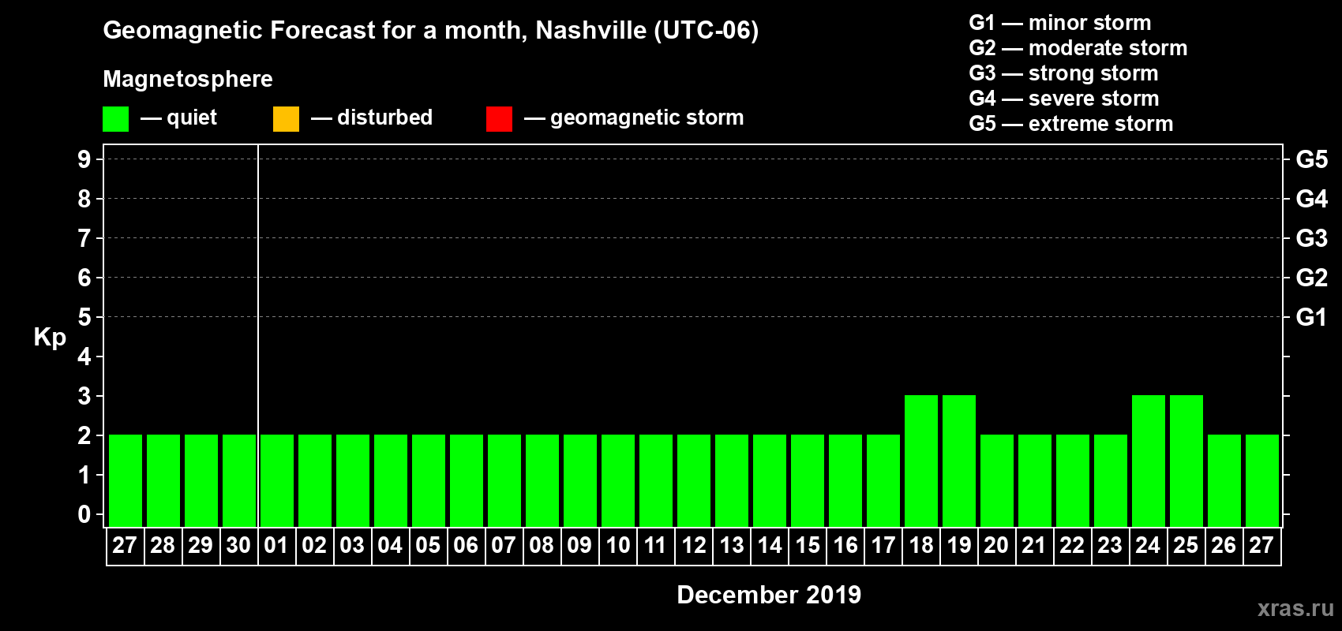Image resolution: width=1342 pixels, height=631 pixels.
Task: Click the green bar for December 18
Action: click(x=921, y=461)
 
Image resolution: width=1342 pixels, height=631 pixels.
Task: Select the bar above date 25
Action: click(x=1186, y=461)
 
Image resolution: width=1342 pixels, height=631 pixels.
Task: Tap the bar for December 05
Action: click(x=429, y=480)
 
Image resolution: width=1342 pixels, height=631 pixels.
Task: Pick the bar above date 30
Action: click(x=239, y=480)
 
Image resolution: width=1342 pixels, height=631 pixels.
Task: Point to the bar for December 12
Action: click(x=694, y=480)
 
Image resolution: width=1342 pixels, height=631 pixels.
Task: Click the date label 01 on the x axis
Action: click(x=276, y=545)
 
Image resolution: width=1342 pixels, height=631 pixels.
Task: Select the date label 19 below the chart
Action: click(x=959, y=545)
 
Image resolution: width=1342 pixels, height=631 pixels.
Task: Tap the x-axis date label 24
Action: click(x=1148, y=545)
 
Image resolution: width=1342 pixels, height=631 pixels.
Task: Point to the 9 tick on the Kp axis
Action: click(x=84, y=159)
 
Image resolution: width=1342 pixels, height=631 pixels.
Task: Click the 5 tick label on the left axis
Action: click(x=84, y=317)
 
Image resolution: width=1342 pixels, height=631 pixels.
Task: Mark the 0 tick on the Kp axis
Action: click(x=84, y=514)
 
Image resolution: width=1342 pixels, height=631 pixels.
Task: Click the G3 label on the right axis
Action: click(x=1311, y=238)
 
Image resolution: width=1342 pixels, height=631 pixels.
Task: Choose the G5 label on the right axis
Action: click(x=1311, y=159)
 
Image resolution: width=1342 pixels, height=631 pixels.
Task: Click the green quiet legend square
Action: click(x=115, y=119)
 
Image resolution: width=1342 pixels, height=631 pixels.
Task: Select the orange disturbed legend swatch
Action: click(x=286, y=119)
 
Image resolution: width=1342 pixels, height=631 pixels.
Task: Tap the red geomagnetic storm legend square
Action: click(x=499, y=119)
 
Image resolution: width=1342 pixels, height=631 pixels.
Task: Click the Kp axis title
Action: click(x=50, y=337)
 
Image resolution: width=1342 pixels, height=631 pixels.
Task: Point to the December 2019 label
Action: click(x=769, y=595)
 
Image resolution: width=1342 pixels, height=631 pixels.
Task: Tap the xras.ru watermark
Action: click(x=1295, y=608)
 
